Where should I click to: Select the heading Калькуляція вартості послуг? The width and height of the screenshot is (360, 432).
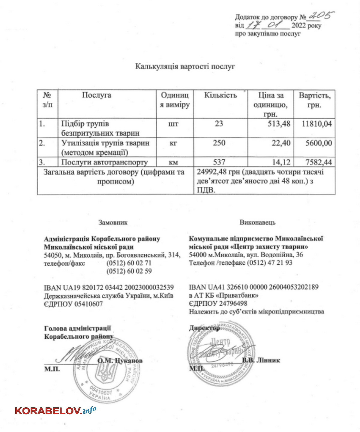tap(185, 66)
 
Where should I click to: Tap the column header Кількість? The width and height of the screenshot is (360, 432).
tap(220, 95)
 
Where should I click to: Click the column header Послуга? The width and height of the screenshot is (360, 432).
tap(97, 95)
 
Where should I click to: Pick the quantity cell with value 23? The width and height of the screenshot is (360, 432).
tap(219, 124)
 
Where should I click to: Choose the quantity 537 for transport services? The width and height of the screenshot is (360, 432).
tap(219, 162)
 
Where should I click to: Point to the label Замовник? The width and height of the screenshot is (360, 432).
tap(113, 222)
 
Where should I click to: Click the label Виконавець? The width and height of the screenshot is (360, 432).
tap(257, 222)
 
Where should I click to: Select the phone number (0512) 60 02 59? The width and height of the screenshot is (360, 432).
tap(129, 271)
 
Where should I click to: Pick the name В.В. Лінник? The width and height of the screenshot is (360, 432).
tap(261, 360)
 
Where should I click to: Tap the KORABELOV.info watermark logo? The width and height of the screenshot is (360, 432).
tap(55, 410)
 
